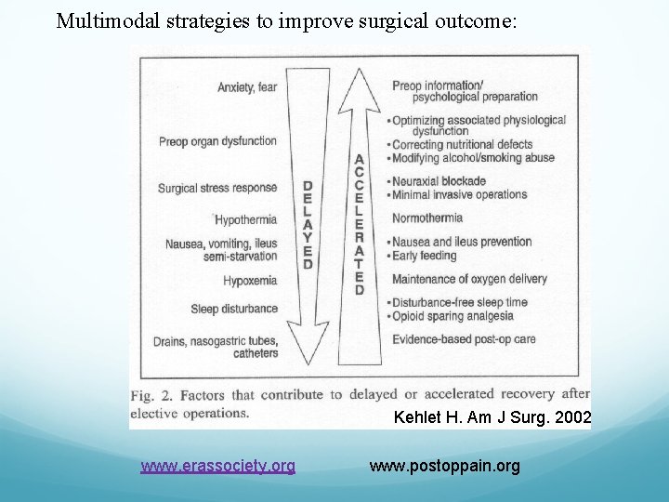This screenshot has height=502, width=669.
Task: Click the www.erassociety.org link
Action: click(x=217, y=465)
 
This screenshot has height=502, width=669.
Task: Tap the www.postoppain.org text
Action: click(x=444, y=465)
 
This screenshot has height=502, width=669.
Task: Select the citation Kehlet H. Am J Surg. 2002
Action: click(x=492, y=417)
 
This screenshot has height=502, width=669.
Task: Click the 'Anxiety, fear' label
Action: click(x=247, y=88)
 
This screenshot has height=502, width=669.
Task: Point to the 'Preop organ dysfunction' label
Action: click(x=217, y=141)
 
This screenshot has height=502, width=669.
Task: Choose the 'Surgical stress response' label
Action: click(x=217, y=188)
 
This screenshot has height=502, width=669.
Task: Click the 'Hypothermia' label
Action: click(x=245, y=220)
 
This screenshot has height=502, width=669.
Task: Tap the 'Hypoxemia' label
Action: click(x=250, y=280)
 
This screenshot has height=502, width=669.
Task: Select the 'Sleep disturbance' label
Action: click(x=234, y=309)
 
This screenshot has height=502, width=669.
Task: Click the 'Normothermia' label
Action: click(x=427, y=218)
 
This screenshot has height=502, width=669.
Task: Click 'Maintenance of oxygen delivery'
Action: click(x=469, y=279)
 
